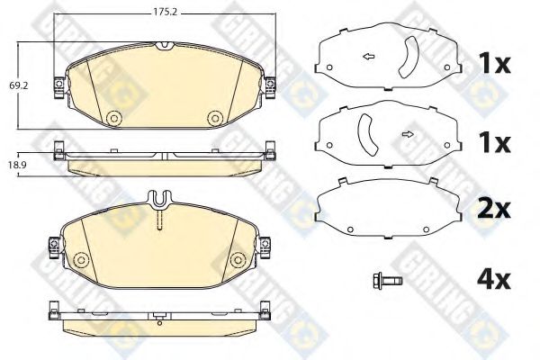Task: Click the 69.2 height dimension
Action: pyautogui.click(x=15, y=85)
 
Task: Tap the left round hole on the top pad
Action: pyautogui.click(x=113, y=118)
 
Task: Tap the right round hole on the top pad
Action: pyautogui.click(x=214, y=118)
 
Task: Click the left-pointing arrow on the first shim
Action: pyautogui.click(x=368, y=58)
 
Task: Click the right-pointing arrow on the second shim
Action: pyautogui.click(x=408, y=135)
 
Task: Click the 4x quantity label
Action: pyautogui.click(x=492, y=280)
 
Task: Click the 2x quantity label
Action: pyautogui.click(x=492, y=209)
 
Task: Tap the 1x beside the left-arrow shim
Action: pyautogui.click(x=492, y=65)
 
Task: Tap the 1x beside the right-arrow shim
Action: pyautogui.click(x=492, y=142)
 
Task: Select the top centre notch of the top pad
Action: pyautogui.click(x=164, y=45)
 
